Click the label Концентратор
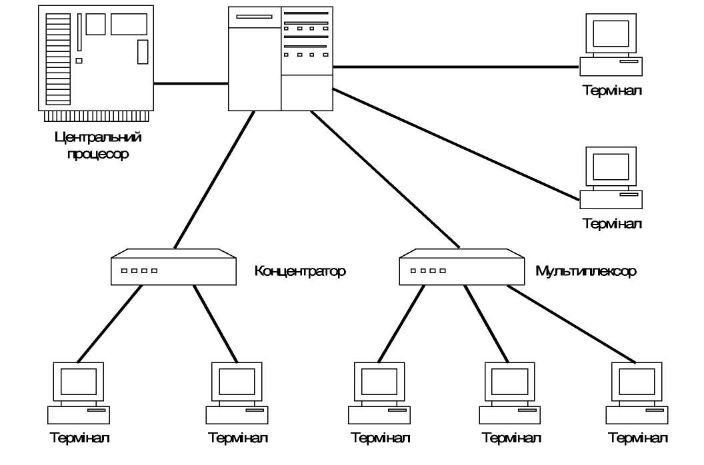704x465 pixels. tap(300, 272)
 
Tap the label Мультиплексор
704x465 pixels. tap(586, 272)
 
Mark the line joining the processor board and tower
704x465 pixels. tap(191, 83)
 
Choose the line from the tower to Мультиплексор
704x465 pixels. tap(384, 179)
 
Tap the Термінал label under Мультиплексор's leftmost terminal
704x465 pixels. tap(380, 439)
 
